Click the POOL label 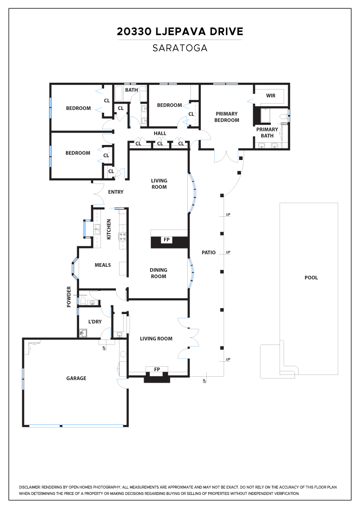[311, 278]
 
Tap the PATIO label [208, 253]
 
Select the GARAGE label [76, 378]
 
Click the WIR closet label [270, 96]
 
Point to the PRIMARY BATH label [267, 132]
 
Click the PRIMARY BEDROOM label [226, 117]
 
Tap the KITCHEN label [109, 229]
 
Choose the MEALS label [103, 265]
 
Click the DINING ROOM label [159, 273]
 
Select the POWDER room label [69, 297]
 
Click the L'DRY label [95, 322]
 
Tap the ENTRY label [115, 192]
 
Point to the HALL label [160, 134]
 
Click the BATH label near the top [131, 90]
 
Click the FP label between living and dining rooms [166, 240]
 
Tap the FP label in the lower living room [157, 369]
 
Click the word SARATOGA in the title [180, 48]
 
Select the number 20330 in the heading [134, 31]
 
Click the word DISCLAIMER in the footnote [30, 487]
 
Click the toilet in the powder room [83, 302]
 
